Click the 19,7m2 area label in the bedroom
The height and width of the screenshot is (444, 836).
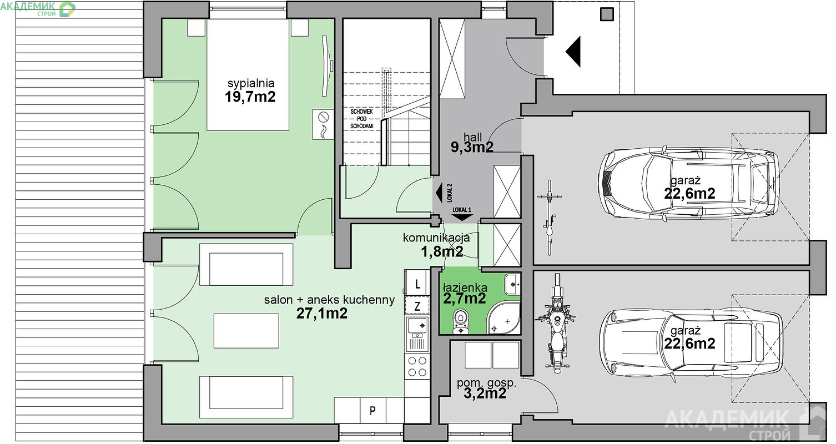pyautogui.click(x=250, y=97)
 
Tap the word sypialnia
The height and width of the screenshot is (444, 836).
pyautogui.click(x=251, y=83)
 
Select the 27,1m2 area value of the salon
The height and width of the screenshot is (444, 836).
pyautogui.click(x=322, y=314)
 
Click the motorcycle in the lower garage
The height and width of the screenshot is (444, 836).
pyautogui.click(x=556, y=323)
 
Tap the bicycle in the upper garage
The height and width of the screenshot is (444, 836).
pyautogui.click(x=550, y=218)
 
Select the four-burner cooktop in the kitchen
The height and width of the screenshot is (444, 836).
pyautogui.click(x=417, y=366)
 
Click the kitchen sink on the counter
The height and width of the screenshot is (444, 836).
pyautogui.click(x=417, y=335)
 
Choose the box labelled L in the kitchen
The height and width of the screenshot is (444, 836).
pyautogui.click(x=417, y=284)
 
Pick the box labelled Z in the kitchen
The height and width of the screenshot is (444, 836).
pyautogui.click(x=417, y=306)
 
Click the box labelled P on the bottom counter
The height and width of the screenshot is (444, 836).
pyautogui.click(x=372, y=410)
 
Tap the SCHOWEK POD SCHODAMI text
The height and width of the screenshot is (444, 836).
pyautogui.click(x=361, y=119)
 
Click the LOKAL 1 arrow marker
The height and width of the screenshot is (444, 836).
pyautogui.click(x=462, y=214)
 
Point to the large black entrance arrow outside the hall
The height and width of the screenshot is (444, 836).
pyautogui.click(x=573, y=52)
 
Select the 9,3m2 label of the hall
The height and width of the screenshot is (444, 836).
pyautogui.click(x=472, y=147)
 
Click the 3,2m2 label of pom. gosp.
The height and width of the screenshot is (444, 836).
pyautogui.click(x=485, y=393)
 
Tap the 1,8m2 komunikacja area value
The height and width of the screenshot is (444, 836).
pyautogui.click(x=442, y=252)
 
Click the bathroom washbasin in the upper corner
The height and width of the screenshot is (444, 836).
pyautogui.click(x=513, y=284)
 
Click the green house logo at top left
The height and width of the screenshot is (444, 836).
pyautogui.click(x=67, y=9)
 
